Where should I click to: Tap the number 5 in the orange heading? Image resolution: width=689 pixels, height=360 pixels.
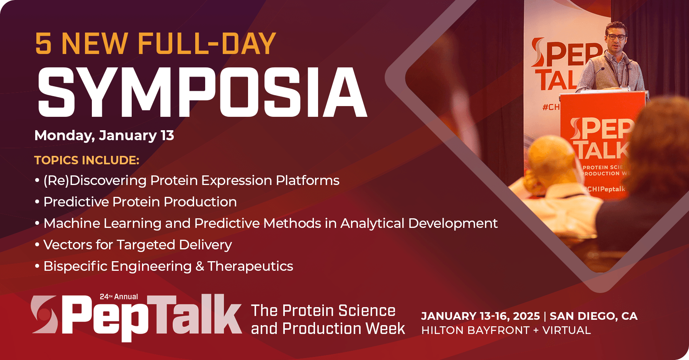(x=43, y=44)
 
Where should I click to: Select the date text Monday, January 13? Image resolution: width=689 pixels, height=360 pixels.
(x=104, y=136)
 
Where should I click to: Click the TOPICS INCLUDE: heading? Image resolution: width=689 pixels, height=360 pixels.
(x=87, y=160)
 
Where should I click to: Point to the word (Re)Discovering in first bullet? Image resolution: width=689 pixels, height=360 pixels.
(x=95, y=180)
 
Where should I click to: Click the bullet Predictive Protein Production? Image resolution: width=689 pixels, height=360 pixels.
(x=140, y=202)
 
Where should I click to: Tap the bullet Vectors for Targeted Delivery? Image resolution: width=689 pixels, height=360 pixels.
(x=137, y=245)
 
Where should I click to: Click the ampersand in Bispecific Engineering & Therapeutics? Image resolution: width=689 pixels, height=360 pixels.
(x=199, y=266)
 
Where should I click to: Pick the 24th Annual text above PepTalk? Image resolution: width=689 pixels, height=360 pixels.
(x=119, y=297)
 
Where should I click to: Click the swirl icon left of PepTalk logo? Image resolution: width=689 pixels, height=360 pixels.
(x=44, y=314)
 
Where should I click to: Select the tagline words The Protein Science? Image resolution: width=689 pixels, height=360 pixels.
(x=323, y=311)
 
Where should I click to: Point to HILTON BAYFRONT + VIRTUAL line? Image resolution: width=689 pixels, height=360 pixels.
(x=506, y=330)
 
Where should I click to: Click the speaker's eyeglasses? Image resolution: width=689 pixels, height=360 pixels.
(x=616, y=37)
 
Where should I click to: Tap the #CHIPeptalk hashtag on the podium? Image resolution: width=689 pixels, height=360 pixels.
(x=605, y=189)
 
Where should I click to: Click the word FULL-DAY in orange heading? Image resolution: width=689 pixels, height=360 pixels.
(x=207, y=44)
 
